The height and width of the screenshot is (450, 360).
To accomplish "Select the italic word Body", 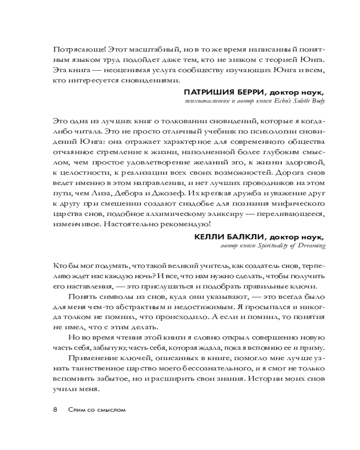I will (316, 101).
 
